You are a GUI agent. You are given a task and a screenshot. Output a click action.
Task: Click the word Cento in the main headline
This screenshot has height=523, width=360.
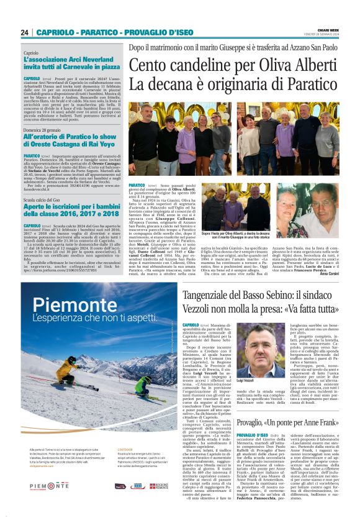click(x=151, y=65)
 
